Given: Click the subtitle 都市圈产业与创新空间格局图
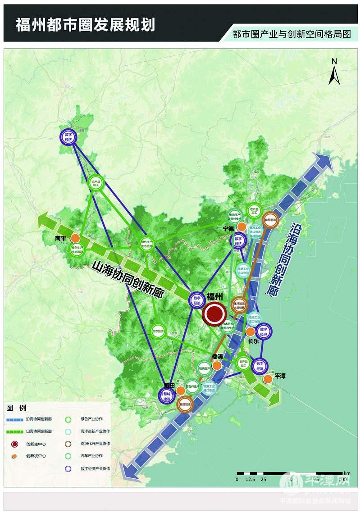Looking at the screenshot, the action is [291, 34].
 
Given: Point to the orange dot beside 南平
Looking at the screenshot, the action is [77, 238].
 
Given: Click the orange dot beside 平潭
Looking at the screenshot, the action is [268, 379].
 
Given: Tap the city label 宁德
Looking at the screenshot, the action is [229, 229].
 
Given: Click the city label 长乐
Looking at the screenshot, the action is [253, 341].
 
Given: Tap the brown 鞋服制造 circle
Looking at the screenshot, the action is [185, 404].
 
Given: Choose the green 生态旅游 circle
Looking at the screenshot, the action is [158, 332].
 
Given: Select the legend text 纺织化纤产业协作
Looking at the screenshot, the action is [95, 443].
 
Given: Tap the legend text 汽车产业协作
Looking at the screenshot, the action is [91, 456].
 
